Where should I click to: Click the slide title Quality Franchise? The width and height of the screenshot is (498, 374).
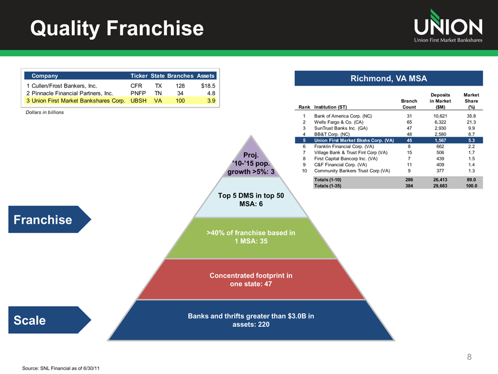pos(117,28)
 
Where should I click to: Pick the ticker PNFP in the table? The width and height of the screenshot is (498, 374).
pos(139,93)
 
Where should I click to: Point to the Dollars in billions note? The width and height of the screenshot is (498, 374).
pos(45,112)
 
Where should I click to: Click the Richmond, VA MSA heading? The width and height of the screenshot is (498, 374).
pos(388,78)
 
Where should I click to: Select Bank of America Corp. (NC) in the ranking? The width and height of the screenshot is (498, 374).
pos(343,116)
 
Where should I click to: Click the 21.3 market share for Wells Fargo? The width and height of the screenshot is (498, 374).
pos(471,122)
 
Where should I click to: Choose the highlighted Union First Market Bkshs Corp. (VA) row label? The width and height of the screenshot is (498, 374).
pos(354,140)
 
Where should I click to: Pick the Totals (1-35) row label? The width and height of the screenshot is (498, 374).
pos(328,185)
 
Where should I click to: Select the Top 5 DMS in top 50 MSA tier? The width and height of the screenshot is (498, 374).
pos(251,199)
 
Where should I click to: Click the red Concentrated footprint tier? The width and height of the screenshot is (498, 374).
pos(251,280)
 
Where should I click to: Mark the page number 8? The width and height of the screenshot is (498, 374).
pos(469,357)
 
